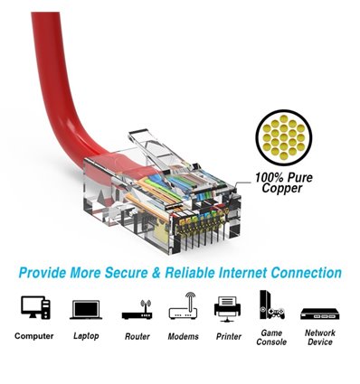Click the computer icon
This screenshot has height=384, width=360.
pos(33,308)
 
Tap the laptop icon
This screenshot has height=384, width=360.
pos(84,309)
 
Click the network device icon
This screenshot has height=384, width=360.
pos(319,313)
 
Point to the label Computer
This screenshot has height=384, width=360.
pos(33,336)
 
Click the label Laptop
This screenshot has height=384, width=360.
pos(84,336)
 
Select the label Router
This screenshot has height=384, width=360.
pos(136,336)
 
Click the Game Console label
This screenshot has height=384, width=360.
pos(270,337)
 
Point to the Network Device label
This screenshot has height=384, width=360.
pos(319,337)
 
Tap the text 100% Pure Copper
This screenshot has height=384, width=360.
pos(283,183)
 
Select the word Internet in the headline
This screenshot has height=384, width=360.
pos(251,272)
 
